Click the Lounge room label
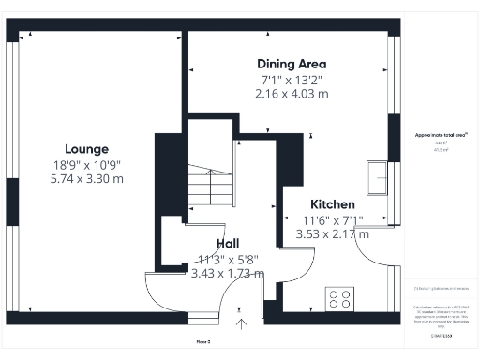tap(86, 148)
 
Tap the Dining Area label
tap(292, 64)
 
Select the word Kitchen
tap(332, 204)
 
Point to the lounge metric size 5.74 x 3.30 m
tap(86, 178)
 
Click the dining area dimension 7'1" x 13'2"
tap(292, 79)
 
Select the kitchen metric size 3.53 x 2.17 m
tap(332, 234)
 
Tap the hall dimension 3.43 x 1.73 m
tap(227, 274)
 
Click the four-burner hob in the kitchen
tap(341, 299)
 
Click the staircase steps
tap(208, 187)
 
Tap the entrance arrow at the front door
tap(241, 324)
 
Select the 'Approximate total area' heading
tap(441, 135)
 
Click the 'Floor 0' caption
tap(202, 341)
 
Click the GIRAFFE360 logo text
tap(441, 335)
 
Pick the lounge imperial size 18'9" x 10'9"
tap(86, 163)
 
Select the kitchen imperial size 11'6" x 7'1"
tap(332, 220)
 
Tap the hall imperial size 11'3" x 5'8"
tap(227, 259)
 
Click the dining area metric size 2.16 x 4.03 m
tap(292, 94)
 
